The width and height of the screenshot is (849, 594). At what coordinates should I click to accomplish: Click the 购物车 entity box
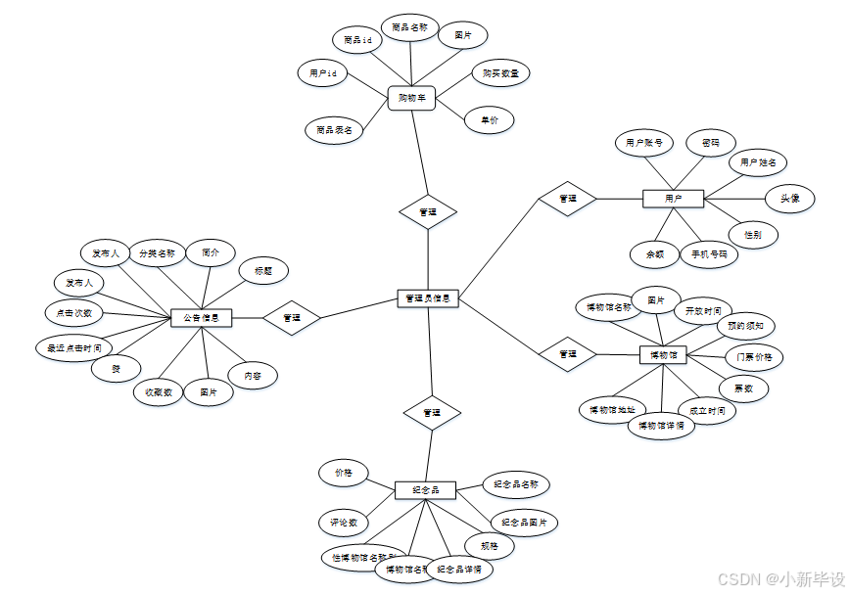point(411,98)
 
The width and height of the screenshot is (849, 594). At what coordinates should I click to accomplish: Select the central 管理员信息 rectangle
point(429,297)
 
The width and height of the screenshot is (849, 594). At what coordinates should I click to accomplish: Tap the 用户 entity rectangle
point(673,199)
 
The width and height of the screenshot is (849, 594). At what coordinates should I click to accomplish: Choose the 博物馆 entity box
point(664,354)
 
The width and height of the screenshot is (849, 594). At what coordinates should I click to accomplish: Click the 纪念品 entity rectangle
point(426,489)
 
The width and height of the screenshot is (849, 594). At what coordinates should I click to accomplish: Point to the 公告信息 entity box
point(202,317)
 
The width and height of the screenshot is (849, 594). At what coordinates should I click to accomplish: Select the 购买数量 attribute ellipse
point(500,73)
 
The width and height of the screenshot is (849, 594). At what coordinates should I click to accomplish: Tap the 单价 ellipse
point(489,120)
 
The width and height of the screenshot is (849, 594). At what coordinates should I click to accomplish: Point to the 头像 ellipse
point(789,199)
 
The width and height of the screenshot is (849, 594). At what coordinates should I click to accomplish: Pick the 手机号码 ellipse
point(709,254)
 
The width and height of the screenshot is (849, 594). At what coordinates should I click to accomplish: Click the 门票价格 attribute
point(754,357)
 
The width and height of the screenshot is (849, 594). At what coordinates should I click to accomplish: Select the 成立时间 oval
point(706,411)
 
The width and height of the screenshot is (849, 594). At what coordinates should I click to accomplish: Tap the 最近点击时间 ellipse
point(73,347)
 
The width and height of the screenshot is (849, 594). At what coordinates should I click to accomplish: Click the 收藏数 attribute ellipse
point(159,392)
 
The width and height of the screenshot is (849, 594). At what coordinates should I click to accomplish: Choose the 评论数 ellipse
point(343,522)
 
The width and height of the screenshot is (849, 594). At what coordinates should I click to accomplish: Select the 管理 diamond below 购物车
point(428,211)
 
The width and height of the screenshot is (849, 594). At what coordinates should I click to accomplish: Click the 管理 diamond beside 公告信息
point(292,317)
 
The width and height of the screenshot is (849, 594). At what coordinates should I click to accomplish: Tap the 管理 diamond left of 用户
point(567,199)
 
